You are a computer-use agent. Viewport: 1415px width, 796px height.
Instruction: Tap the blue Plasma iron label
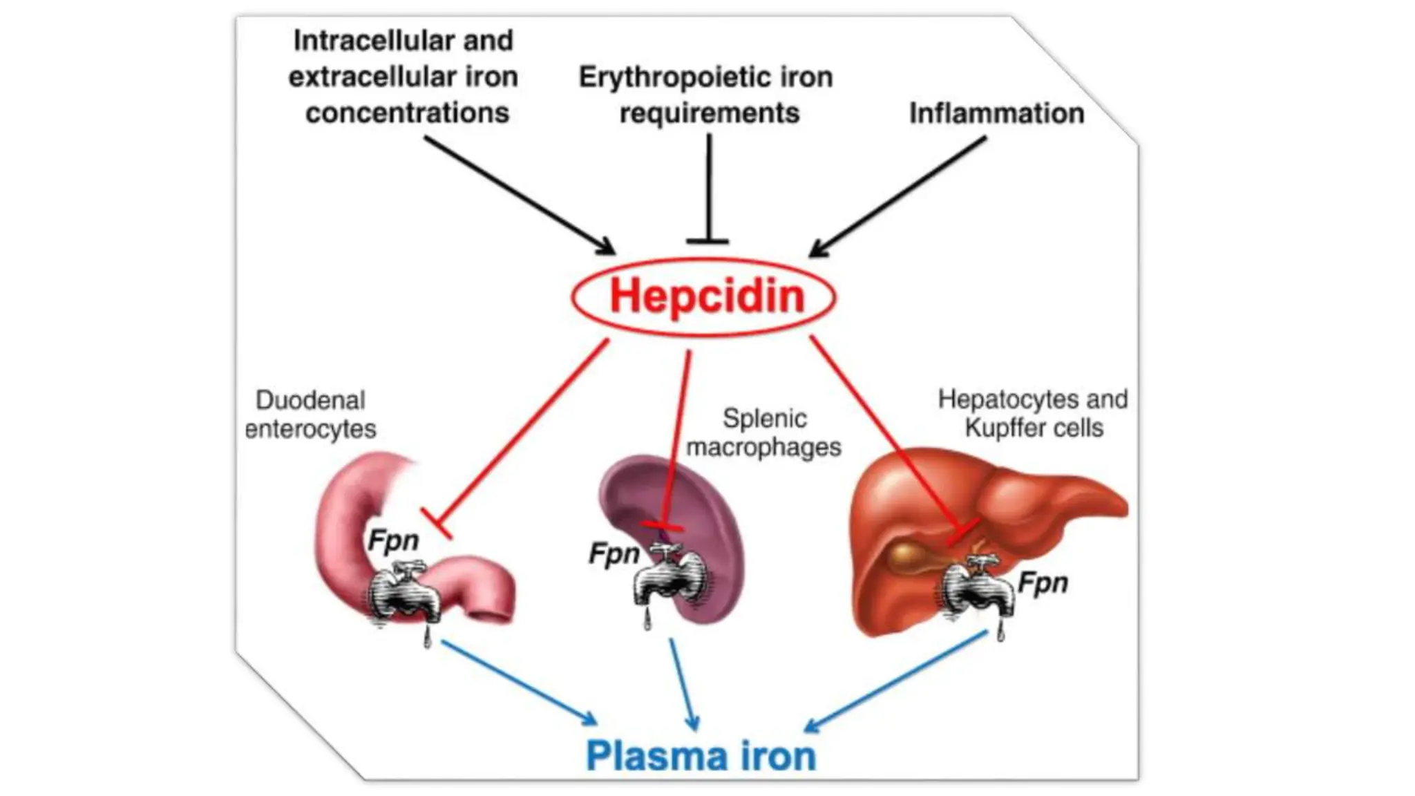pyautogui.click(x=701, y=756)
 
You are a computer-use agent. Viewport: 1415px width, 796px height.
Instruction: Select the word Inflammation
pyautogui.click(x=996, y=113)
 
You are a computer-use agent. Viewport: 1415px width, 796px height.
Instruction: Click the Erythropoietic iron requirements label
pyautogui.click(x=706, y=95)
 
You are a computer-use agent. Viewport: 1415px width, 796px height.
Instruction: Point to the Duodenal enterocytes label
pyautogui.click(x=310, y=415)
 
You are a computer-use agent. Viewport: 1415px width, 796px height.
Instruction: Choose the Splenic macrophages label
pyautogui.click(x=763, y=433)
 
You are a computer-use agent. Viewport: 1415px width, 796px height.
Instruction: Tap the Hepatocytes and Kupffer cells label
pyautogui.click(x=1033, y=413)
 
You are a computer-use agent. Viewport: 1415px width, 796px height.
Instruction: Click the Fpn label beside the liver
pyautogui.click(x=1043, y=583)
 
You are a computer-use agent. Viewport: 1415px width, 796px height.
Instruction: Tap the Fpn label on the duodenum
pyautogui.click(x=392, y=540)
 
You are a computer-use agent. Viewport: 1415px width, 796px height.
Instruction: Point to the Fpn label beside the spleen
pyautogui.click(x=614, y=553)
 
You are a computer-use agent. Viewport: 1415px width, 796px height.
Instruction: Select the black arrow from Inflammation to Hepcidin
pyautogui.click(x=898, y=196)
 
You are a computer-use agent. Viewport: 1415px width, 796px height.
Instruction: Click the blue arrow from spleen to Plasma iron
pyautogui.click(x=683, y=684)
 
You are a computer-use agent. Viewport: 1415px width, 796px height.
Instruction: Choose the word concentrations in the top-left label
pyautogui.click(x=407, y=113)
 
